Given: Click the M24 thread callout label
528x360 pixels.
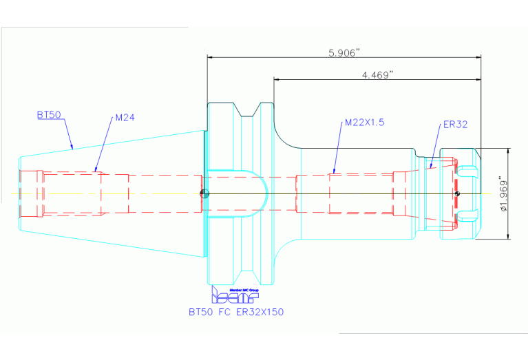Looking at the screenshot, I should pyautogui.click(x=125, y=118).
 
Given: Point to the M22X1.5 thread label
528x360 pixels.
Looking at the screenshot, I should pyautogui.click(x=363, y=123).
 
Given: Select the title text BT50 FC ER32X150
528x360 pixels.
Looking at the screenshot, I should pyautogui.click(x=236, y=312).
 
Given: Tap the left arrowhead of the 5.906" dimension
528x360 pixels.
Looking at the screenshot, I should pyautogui.click(x=211, y=58).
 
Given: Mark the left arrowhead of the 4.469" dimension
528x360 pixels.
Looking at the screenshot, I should pyautogui.click(x=277, y=79).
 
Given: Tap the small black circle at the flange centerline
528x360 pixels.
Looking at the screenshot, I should pyautogui.click(x=204, y=193).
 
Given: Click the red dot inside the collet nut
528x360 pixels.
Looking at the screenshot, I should pyautogui.click(x=457, y=193).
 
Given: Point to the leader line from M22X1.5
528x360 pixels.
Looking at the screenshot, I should pyautogui.click(x=339, y=149).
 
